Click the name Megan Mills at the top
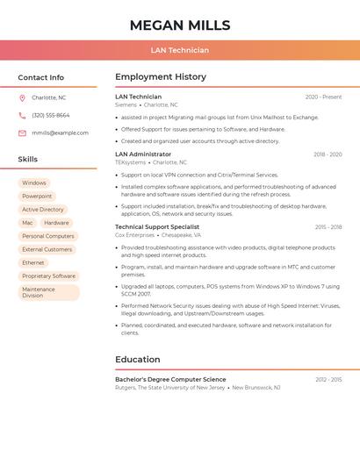tap(180, 25)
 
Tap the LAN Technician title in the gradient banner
tap(180, 50)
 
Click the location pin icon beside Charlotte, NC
tap(22, 98)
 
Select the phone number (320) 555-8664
tap(51, 116)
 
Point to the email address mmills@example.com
tap(60, 133)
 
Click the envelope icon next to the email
tap(22, 133)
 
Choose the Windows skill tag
tap(34, 183)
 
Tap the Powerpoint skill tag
tap(37, 197)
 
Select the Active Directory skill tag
tap(43, 210)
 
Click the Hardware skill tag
tap(56, 223)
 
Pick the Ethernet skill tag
tap(33, 262)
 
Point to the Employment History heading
tap(161, 77)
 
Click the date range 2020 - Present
tap(323, 97)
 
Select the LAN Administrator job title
tap(143, 154)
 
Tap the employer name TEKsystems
tap(131, 162)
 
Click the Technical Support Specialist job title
tap(157, 227)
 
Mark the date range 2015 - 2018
tap(328, 227)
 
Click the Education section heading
tap(138, 359)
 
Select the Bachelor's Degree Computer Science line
tap(170, 379)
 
